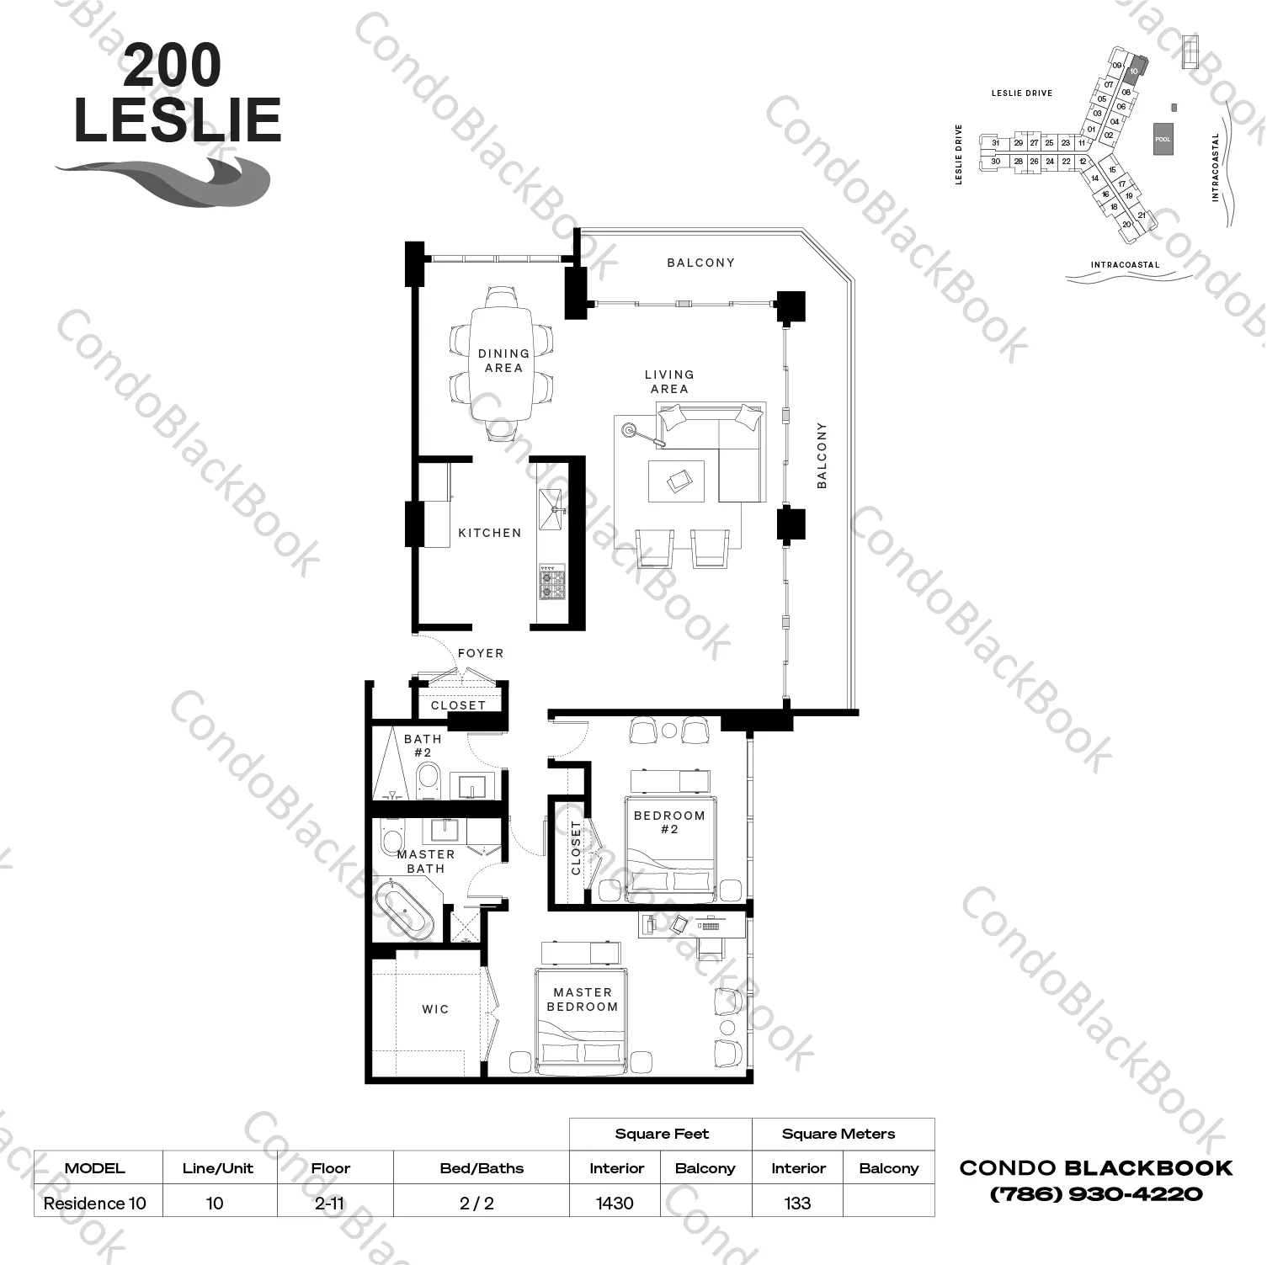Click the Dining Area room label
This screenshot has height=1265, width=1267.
click(503, 360)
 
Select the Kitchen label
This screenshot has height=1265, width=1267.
click(490, 533)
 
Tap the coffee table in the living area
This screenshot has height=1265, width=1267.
click(676, 481)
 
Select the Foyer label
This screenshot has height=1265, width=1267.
click(481, 653)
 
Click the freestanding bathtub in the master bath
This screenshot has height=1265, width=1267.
click(405, 910)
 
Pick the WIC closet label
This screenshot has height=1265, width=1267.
click(435, 1009)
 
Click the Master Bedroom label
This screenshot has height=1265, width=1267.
click(582, 1000)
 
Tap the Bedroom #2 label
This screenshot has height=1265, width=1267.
click(669, 822)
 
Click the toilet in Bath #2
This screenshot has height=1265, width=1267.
click(428, 781)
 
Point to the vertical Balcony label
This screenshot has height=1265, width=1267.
click(822, 455)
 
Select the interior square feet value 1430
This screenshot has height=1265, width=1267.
click(615, 1203)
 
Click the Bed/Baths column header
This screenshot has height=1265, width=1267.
click(482, 1168)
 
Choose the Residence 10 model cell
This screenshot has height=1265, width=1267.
click(95, 1203)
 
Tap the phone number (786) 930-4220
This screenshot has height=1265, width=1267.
click(1096, 1193)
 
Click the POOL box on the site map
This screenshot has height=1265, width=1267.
click(1163, 139)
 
